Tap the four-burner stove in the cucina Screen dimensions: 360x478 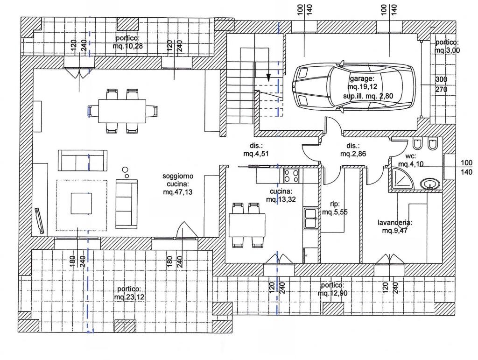click(x=291, y=176)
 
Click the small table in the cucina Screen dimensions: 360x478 click(x=247, y=225)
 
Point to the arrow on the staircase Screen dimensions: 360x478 click(x=269, y=78)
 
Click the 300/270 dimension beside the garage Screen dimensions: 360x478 click(x=442, y=84)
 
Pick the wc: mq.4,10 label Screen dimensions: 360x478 click(x=410, y=160)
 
